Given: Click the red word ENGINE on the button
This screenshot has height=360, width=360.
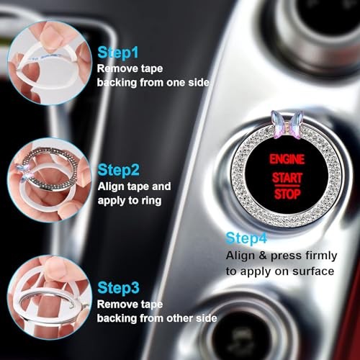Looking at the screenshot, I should pos(287,158).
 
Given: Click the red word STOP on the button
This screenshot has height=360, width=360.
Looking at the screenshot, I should pos(287,194).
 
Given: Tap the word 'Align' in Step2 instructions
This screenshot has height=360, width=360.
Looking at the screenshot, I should pos(111,186).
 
